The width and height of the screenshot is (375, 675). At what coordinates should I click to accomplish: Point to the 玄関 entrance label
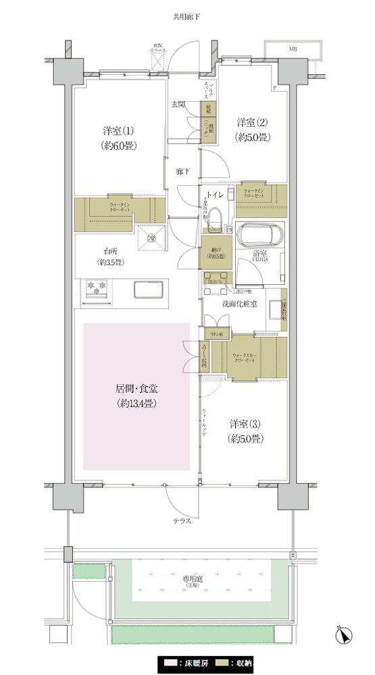coord(178,105)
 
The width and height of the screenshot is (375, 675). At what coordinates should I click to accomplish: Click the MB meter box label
coord(293,49)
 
